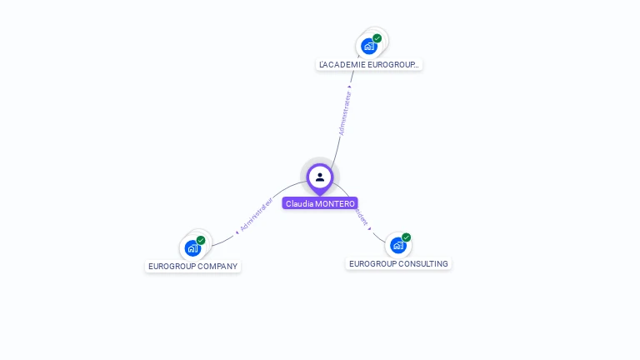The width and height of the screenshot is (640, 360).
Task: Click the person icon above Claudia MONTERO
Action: [x=320, y=177]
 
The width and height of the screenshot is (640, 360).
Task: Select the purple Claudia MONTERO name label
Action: [x=320, y=203]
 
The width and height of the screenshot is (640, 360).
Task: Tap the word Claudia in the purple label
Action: [x=299, y=203]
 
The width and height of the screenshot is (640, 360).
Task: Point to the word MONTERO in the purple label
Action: [x=335, y=203]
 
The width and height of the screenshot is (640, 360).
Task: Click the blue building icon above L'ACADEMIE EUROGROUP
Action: [x=368, y=47]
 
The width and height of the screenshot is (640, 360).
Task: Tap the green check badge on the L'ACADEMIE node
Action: [x=377, y=38]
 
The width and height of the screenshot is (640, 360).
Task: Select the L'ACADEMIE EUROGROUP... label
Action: [x=369, y=64]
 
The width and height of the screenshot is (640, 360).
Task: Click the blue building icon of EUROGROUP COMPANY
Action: [x=192, y=248]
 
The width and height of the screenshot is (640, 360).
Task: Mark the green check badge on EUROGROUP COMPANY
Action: [x=201, y=240]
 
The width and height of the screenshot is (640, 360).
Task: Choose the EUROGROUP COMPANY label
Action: [x=192, y=267]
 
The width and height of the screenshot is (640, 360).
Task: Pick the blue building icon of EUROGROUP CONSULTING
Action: [x=398, y=245]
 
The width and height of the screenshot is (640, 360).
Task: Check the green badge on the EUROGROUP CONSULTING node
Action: [x=407, y=237]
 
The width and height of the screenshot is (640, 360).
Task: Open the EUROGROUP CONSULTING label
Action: [x=398, y=264]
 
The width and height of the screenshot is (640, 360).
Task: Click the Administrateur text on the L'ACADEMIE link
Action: [x=345, y=113]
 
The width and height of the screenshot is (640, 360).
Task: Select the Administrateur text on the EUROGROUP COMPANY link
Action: [x=257, y=215]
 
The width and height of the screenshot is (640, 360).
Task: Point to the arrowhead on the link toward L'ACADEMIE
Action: [x=350, y=86]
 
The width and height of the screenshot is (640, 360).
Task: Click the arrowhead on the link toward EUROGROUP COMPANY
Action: [x=237, y=232]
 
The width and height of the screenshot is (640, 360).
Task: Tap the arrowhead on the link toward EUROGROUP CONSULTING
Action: [x=369, y=228]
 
